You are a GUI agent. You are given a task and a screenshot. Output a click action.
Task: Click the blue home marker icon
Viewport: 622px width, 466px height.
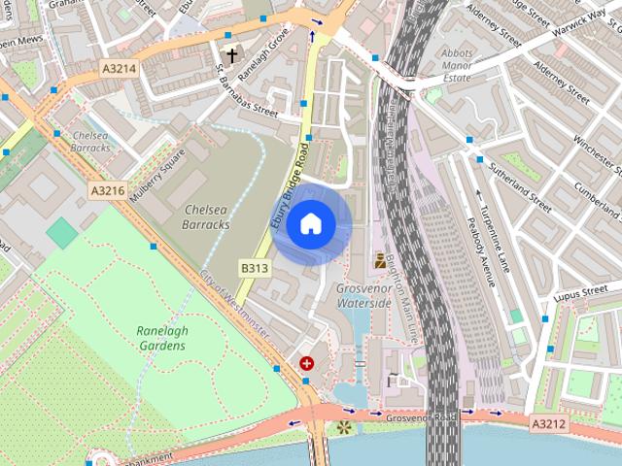310,223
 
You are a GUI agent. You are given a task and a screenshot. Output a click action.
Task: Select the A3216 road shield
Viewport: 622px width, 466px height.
107,190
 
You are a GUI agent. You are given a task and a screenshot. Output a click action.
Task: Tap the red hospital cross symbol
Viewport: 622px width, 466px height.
307,363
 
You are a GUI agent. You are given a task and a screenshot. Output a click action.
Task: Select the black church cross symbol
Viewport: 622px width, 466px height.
231,55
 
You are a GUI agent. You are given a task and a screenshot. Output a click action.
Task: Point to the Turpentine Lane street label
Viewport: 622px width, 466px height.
498,230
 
